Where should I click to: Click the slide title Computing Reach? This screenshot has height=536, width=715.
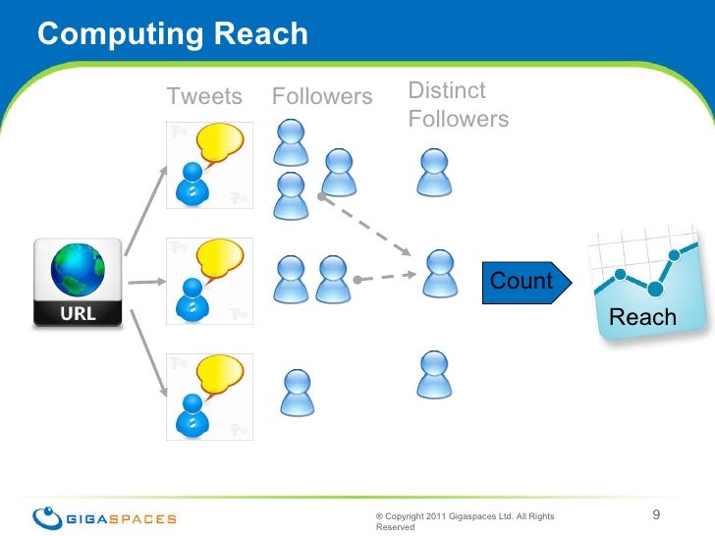pos(172,33)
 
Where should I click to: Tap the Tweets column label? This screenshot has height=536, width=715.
pos(203,96)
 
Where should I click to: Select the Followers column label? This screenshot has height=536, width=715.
pos(322,96)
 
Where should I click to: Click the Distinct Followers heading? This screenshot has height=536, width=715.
pos(458,106)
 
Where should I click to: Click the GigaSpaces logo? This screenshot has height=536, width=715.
pos(105,517)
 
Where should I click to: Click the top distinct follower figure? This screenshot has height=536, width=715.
pos(433,172)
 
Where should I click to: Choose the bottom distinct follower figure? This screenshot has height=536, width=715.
pos(433,374)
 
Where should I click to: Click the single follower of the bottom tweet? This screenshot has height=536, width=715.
pos(296,392)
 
